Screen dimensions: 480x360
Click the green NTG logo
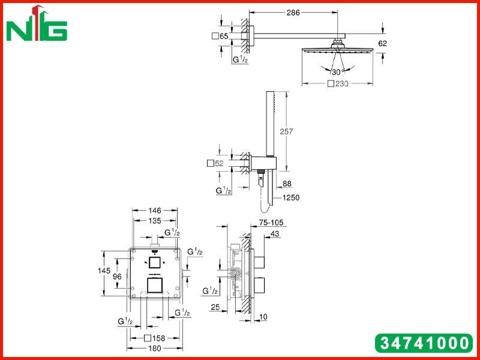click(37, 23)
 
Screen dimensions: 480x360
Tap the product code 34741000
click(424, 343)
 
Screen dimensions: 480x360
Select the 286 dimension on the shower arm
click(293, 13)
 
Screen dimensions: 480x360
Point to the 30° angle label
click(338, 72)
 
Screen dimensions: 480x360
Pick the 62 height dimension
click(382, 43)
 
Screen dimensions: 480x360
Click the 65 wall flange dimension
click(220, 36)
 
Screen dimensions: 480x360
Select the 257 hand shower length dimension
click(286, 131)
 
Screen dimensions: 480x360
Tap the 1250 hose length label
click(290, 198)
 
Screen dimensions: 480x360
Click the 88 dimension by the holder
click(287, 184)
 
